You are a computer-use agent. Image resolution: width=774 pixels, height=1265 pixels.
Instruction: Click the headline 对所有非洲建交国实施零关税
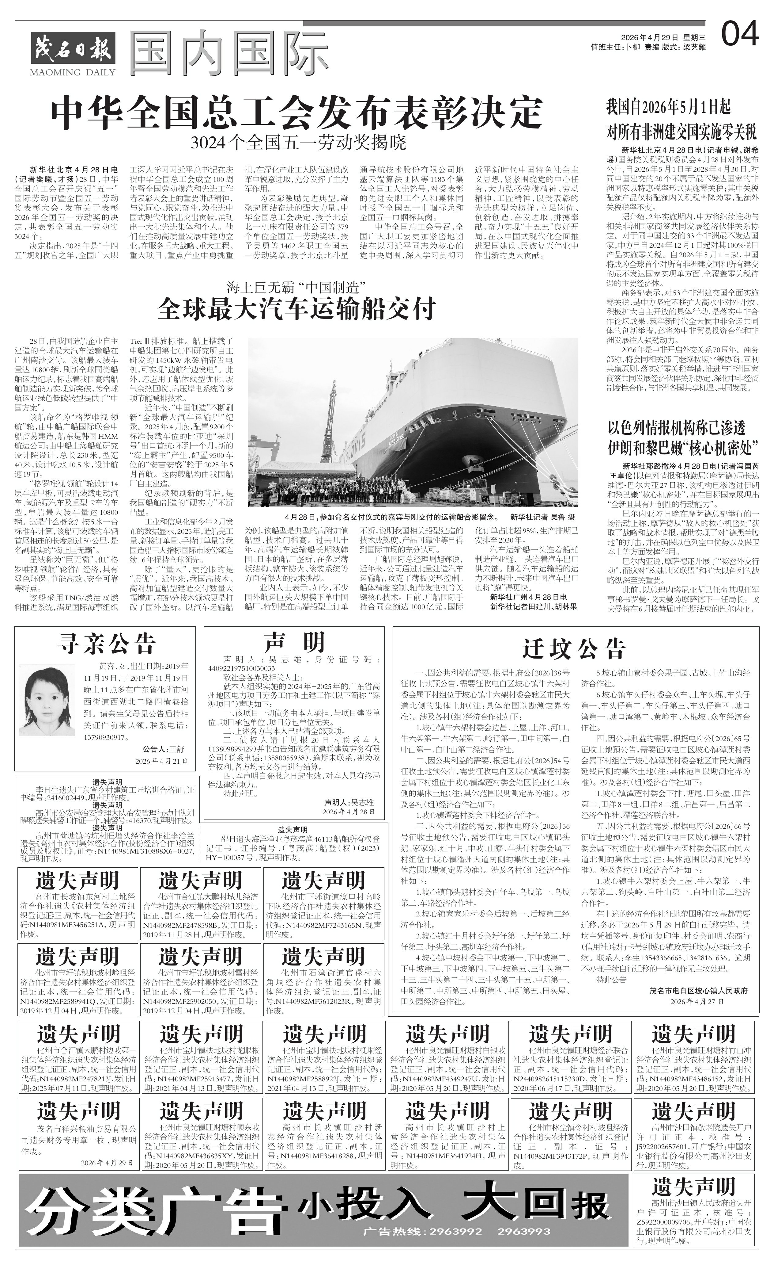pyautogui.click(x=682, y=132)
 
